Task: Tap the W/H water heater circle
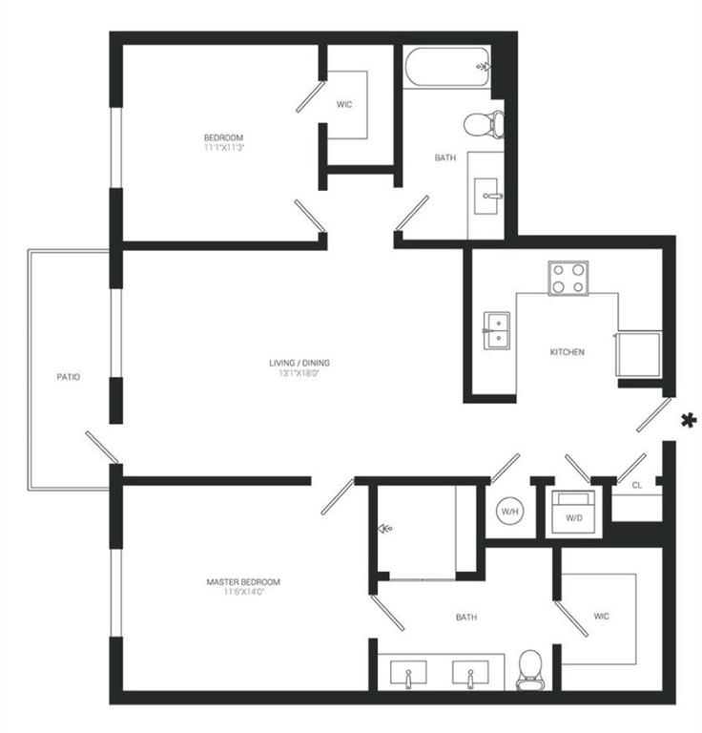[508, 512]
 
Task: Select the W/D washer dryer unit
[573, 513]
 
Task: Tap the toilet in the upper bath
[482, 124]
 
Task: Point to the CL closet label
[636, 486]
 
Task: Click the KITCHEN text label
[567, 352]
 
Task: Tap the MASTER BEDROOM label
[243, 581]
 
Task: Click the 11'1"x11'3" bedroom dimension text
[223, 148]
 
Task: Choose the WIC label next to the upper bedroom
[344, 104]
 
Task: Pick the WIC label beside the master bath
[601, 617]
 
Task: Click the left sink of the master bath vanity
[409, 676]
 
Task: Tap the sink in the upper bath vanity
[490, 197]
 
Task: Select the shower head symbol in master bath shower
[385, 528]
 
